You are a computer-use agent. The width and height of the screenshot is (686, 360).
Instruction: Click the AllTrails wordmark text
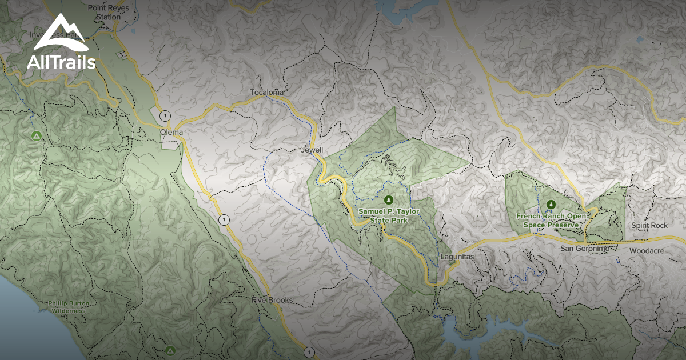[x=61, y=62]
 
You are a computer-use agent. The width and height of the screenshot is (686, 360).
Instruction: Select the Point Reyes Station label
[x=104, y=13]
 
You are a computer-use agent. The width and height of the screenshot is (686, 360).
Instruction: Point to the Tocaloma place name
[x=267, y=92]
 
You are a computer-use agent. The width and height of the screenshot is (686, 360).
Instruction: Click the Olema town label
[x=171, y=133]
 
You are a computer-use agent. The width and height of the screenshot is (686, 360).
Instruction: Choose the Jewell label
[x=312, y=150]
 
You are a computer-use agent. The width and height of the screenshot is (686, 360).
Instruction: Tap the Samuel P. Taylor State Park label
[x=389, y=215]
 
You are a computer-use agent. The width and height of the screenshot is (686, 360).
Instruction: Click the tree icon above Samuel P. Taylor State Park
[x=389, y=199]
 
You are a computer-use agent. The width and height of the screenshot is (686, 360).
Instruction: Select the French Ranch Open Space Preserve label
[x=551, y=220]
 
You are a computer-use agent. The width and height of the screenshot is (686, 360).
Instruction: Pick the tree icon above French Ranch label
[x=551, y=203]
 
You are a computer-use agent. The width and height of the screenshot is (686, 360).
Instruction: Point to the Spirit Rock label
[x=649, y=226]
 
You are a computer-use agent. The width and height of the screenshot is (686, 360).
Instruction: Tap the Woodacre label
[x=648, y=251]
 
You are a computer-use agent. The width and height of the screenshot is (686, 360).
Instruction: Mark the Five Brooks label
[x=272, y=300]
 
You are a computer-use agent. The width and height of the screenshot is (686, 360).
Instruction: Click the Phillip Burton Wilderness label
[x=67, y=306]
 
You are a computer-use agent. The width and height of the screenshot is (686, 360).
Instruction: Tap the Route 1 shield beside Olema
[x=165, y=115]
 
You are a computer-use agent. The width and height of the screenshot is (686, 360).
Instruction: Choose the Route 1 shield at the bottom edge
[x=309, y=352]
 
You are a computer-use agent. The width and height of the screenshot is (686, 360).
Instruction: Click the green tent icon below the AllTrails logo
[x=36, y=135]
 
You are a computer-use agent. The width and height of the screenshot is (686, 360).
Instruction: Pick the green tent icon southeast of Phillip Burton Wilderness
[x=170, y=350]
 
